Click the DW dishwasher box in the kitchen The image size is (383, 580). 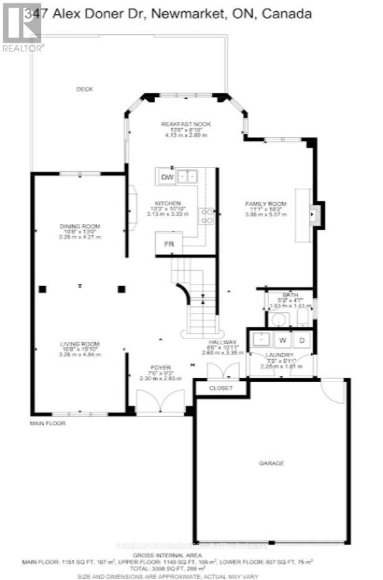tap(166, 177)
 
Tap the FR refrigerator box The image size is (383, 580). tap(168, 244)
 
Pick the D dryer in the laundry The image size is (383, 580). tap(302, 340)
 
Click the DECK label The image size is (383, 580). tap(84, 89)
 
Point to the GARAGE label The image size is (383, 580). tap(272, 464)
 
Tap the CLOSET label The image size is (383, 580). tap(220, 388)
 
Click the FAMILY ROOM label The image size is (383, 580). tap(265, 204)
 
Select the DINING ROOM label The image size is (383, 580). tap(80, 227)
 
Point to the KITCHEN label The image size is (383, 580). tap(168, 203)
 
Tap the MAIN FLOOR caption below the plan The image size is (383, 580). tap(47, 423)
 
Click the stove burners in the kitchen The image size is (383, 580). tap(206, 215)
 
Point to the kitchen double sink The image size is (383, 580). tap(187, 177)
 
